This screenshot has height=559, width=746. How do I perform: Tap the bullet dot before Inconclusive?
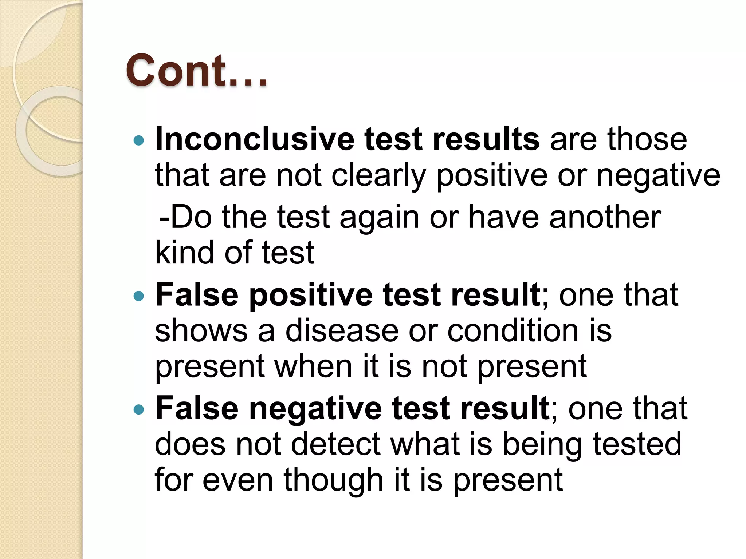pos(139,140)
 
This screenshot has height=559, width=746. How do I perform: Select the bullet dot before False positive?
pos(139,296)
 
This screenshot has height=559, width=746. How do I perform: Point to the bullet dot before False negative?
pos(139,409)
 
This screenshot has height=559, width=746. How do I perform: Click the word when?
pos(313,366)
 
